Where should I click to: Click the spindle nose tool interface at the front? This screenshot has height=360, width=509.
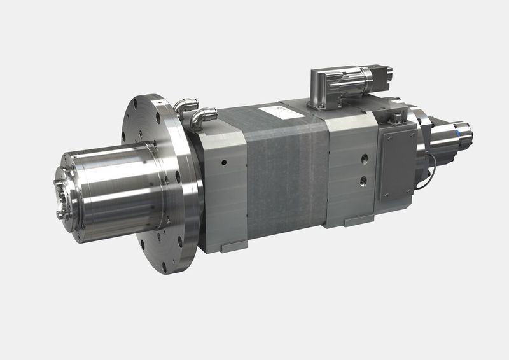coord(63,195)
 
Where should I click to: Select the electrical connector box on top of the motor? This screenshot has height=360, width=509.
coord(340,84)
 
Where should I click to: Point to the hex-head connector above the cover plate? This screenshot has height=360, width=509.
coord(395,116)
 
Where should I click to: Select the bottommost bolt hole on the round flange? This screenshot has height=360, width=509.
coord(164,267)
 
